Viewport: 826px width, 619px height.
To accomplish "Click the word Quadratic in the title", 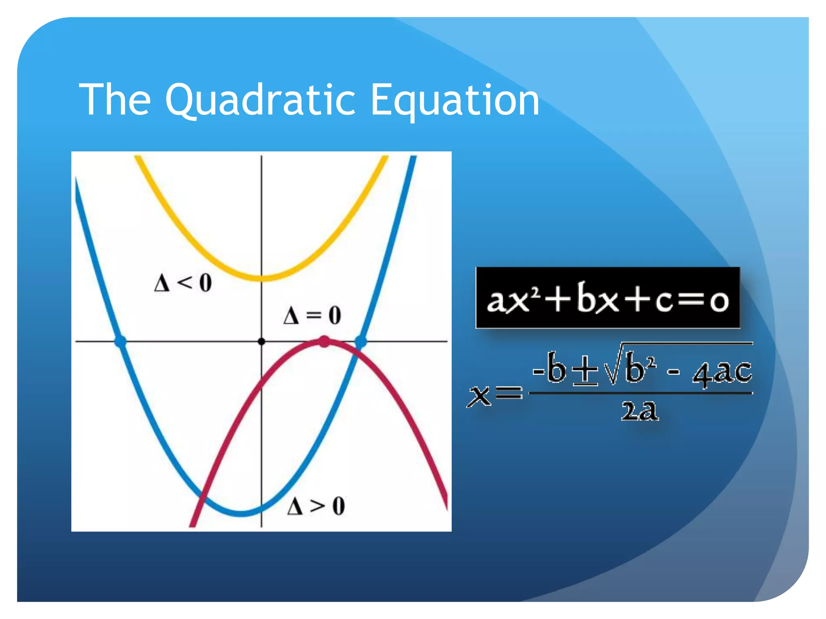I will (x=260, y=100).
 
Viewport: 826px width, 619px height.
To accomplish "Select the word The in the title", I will (x=115, y=100).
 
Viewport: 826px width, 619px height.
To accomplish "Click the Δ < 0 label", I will (x=183, y=282).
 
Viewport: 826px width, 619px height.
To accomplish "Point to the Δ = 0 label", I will (x=312, y=315).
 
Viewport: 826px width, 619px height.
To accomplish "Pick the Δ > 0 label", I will (x=316, y=506).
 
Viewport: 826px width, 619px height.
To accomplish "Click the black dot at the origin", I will (x=261, y=341).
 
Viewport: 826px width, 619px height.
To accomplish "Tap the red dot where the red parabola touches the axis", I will (x=324, y=342).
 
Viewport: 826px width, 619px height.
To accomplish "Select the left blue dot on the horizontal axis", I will (x=120, y=341).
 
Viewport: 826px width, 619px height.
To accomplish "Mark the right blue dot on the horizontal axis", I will (x=361, y=342).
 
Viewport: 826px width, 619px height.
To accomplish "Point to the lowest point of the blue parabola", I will (x=241, y=513).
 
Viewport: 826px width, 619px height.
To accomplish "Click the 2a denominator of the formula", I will (x=640, y=411).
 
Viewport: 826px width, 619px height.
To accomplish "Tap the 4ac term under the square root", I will (x=722, y=372).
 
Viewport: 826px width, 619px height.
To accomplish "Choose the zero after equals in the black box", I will (x=719, y=301).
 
